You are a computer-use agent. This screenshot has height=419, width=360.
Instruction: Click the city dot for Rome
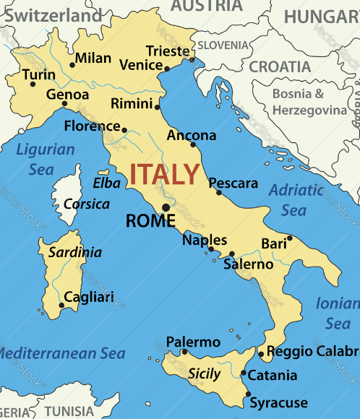pos(166,207)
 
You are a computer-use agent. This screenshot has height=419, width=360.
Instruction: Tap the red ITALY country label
pos(164,174)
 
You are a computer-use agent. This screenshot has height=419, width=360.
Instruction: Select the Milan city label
pos(93,58)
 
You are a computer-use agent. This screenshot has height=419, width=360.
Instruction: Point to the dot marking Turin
pos(33,84)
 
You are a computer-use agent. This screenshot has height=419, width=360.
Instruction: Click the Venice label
pos(140,65)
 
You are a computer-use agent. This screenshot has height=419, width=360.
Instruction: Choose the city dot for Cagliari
pos(61,306)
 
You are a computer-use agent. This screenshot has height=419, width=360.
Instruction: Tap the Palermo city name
pos(193,342)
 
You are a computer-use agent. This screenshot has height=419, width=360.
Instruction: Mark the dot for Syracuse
pos(248,394)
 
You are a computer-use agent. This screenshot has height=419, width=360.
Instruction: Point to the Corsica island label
pos(87,204)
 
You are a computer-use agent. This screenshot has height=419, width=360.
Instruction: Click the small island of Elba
pos(104,172)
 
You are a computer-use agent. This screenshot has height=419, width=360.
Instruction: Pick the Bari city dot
pos(290,238)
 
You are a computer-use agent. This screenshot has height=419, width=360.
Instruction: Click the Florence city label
pos(92,126)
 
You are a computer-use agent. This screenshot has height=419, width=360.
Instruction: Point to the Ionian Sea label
pos(338,314)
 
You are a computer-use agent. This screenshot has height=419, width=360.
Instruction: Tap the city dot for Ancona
pos(193,144)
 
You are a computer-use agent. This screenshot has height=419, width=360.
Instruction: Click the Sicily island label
pos(204,373)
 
